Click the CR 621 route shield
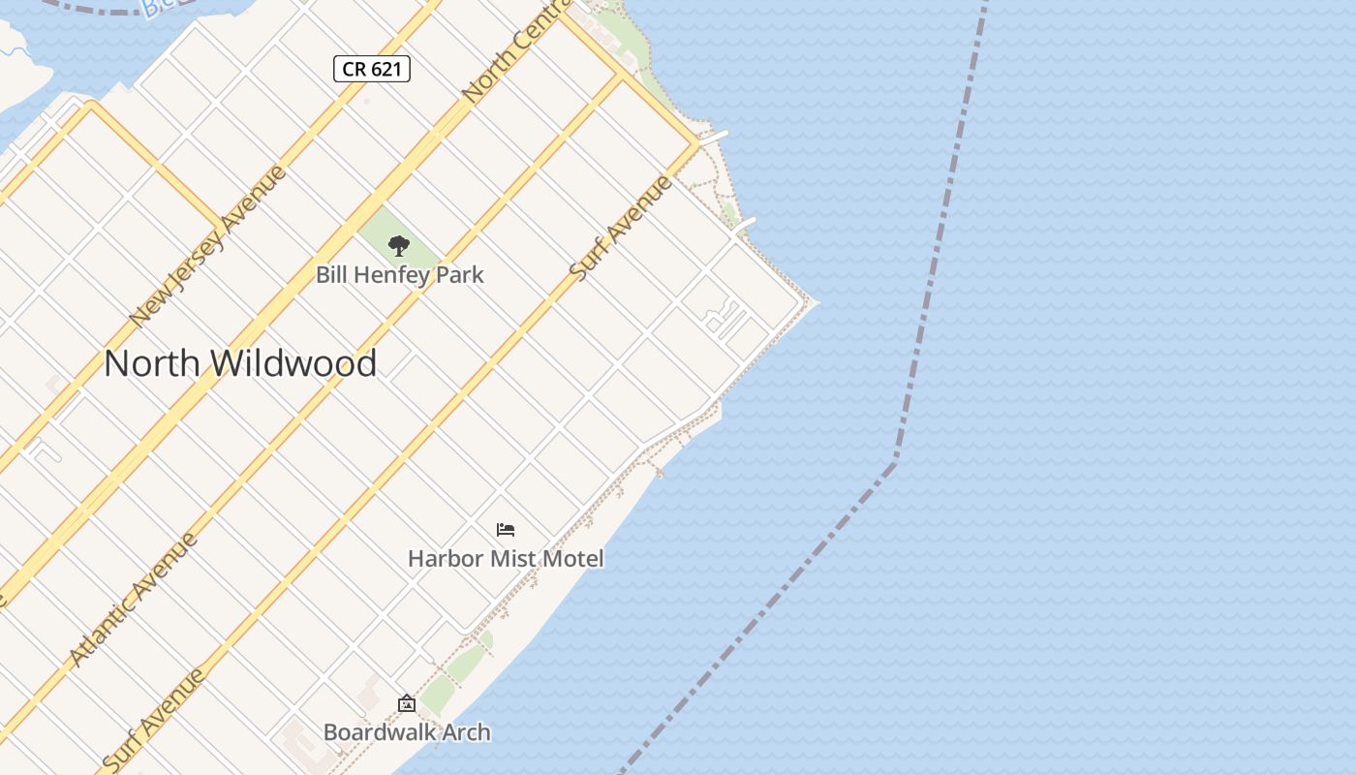(372, 69)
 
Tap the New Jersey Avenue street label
(207, 246)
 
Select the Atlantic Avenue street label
(134, 599)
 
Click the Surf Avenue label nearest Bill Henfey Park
(621, 229)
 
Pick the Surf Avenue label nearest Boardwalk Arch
(153, 720)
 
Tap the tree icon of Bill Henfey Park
(398, 245)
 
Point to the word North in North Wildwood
(152, 363)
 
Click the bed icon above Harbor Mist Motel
(506, 530)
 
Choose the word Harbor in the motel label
(446, 559)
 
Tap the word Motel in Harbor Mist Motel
(575, 559)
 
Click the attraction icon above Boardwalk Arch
(407, 703)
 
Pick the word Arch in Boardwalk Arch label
(467, 732)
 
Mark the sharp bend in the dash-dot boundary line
(895, 461)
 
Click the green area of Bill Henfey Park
(418, 242)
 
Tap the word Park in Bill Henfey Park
(460, 275)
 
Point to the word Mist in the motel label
(515, 559)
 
